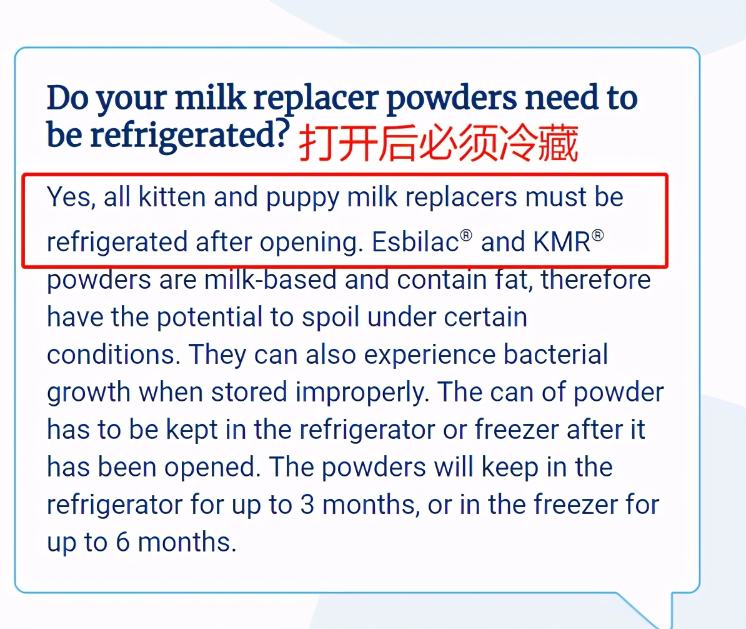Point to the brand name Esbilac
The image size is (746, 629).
tap(415, 242)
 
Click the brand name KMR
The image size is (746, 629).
tap(562, 242)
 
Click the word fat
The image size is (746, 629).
tap(517, 279)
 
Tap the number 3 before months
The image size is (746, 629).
tap(307, 505)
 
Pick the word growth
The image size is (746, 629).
tap(89, 393)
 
